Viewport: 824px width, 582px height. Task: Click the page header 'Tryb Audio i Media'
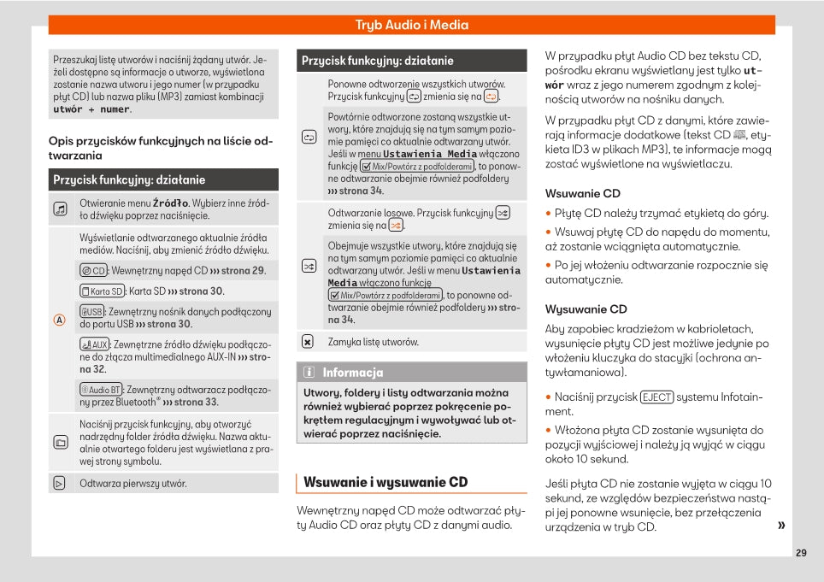(x=412, y=25)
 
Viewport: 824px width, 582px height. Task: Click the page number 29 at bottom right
(x=800, y=553)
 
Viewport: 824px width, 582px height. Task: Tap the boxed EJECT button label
(x=656, y=397)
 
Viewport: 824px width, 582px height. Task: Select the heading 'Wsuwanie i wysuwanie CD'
(x=386, y=482)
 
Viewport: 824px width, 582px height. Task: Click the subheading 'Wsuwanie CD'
(x=583, y=193)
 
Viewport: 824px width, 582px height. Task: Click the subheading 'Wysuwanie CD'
(x=586, y=309)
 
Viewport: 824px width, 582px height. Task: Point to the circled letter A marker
(x=60, y=320)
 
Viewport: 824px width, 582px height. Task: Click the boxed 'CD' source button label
(x=93, y=271)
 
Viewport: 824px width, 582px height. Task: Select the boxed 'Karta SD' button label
(x=102, y=291)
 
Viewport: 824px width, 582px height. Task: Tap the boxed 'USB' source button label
(x=91, y=312)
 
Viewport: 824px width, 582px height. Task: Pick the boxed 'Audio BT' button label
(x=101, y=390)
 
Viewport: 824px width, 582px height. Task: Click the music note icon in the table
(x=60, y=209)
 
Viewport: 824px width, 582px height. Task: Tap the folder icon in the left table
(x=60, y=443)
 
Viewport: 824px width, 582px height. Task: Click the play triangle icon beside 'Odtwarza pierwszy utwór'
(x=60, y=484)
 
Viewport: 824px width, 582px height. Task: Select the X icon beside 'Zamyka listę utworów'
(x=308, y=342)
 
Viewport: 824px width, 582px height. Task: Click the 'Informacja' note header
(x=352, y=373)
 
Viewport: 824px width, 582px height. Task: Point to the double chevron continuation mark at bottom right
(x=781, y=526)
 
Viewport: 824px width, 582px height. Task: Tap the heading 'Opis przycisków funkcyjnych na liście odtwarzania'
(x=161, y=148)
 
